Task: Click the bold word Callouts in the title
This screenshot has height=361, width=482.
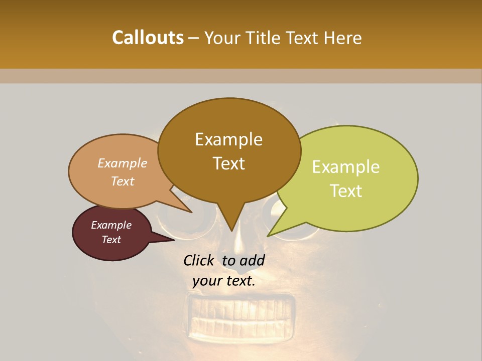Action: click(x=148, y=38)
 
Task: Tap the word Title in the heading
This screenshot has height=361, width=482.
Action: click(x=265, y=38)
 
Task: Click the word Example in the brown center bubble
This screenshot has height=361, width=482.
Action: click(x=228, y=139)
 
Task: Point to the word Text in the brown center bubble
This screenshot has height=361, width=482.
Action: click(x=228, y=163)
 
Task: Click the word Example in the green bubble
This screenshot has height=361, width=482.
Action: click(x=346, y=167)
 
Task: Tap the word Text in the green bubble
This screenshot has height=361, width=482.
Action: click(x=346, y=191)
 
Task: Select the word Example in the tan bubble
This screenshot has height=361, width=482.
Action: click(x=123, y=163)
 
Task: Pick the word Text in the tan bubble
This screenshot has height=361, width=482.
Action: click(x=123, y=181)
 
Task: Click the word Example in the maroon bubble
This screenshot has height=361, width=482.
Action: click(x=111, y=225)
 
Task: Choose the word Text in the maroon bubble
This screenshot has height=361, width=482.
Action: click(x=111, y=240)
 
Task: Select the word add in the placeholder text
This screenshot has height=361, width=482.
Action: click(x=252, y=260)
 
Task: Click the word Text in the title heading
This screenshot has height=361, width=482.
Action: click(x=304, y=38)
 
